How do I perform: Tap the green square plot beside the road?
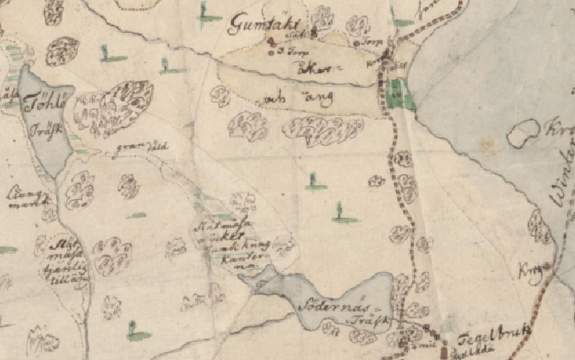(x=399, y=95)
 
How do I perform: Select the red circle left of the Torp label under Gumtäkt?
(x=271, y=52)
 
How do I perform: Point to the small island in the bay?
(x=524, y=133)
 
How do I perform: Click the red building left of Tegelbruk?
(x=444, y=353)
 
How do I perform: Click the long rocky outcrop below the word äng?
(x=323, y=130)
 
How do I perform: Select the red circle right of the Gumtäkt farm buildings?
(x=357, y=43)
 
